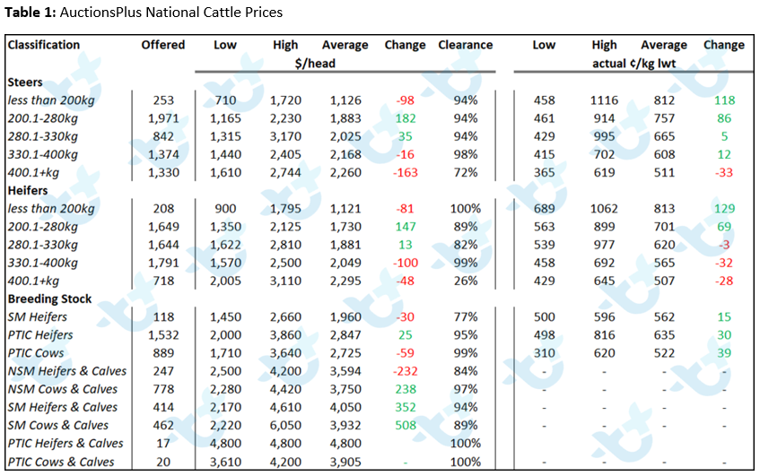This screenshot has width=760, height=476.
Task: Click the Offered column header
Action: pos(163,45)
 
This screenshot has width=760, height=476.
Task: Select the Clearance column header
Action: pos(466,45)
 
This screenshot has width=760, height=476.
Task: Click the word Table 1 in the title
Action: pos(30,13)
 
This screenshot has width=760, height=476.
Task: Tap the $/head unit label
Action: pos(315,64)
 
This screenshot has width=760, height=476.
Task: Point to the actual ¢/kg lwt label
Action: pos(634,64)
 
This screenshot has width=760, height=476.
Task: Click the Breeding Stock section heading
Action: pos(49,299)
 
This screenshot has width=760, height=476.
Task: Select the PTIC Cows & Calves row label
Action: pos(61,462)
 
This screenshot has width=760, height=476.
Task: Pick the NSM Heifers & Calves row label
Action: pos(67,371)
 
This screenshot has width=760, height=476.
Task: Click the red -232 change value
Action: pos(406,371)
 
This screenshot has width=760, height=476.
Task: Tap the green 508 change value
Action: pos(406,426)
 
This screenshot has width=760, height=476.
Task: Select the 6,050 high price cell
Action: pos(285,426)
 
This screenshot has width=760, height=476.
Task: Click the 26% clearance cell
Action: pos(466,281)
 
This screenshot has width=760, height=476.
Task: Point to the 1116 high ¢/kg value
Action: pos(604,100)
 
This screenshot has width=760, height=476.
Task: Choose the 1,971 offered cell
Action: pos(163,118)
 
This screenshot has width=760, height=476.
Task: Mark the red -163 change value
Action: pos(406,173)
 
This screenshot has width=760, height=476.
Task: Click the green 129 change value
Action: pos(724,209)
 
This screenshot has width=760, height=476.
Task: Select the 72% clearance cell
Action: pos(466,173)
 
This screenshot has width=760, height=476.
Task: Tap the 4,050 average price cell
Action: pos(345,408)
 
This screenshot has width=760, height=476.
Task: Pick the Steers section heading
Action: pos(25,82)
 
